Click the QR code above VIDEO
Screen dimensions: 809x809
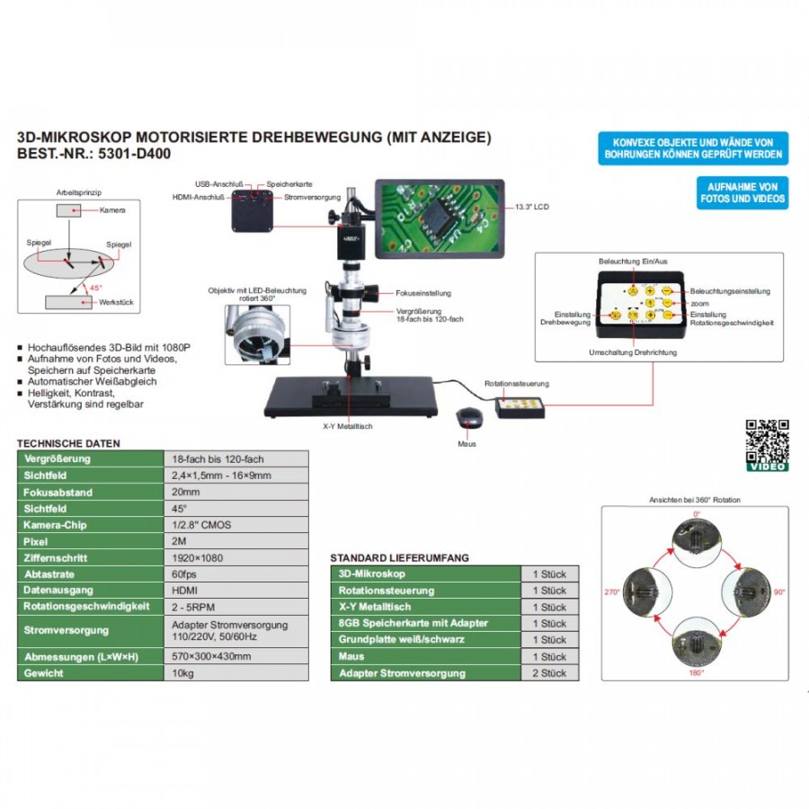pyautogui.click(x=767, y=440)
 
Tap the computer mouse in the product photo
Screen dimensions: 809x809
pyautogui.click(x=467, y=417)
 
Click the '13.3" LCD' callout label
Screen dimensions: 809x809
pyautogui.click(x=533, y=207)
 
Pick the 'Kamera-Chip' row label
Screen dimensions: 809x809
pyautogui.click(x=55, y=525)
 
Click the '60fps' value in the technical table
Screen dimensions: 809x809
pyautogui.click(x=183, y=573)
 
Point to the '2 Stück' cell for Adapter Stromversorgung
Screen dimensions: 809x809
pyautogui.click(x=549, y=672)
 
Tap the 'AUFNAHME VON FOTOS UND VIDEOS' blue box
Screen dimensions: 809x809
pyautogui.click(x=742, y=192)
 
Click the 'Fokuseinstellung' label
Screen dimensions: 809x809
pyautogui.click(x=423, y=293)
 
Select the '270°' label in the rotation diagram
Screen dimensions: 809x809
pyautogui.click(x=613, y=592)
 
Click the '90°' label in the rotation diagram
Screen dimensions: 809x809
pyautogui.click(x=779, y=592)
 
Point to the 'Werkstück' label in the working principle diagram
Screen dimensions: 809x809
pyautogui.click(x=116, y=303)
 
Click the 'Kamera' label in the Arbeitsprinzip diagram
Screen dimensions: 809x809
pyautogui.click(x=113, y=209)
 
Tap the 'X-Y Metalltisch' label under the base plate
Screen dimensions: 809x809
pyautogui.click(x=347, y=426)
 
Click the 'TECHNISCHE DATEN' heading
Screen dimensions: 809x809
pyautogui.click(x=68, y=444)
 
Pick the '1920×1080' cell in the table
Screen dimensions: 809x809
pyautogui.click(x=196, y=557)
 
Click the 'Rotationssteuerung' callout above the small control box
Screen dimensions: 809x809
pyautogui.click(x=516, y=384)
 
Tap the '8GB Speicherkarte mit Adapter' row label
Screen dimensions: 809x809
pyautogui.click(x=413, y=623)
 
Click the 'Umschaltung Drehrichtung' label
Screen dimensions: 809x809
pyautogui.click(x=632, y=352)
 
